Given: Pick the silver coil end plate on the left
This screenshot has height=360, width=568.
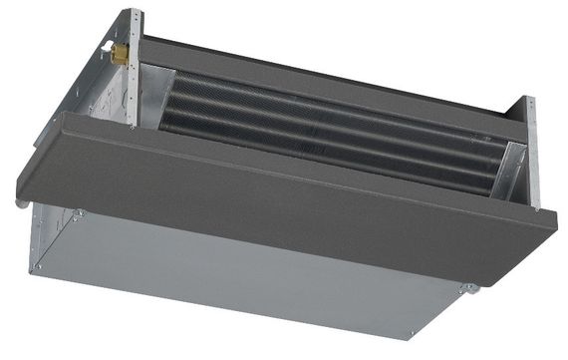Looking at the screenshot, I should pos(158,98).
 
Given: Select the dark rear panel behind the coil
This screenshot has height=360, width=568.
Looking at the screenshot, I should pos(329,75).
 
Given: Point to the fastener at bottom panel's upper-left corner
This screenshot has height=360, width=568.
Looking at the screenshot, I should pos(75,212).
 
